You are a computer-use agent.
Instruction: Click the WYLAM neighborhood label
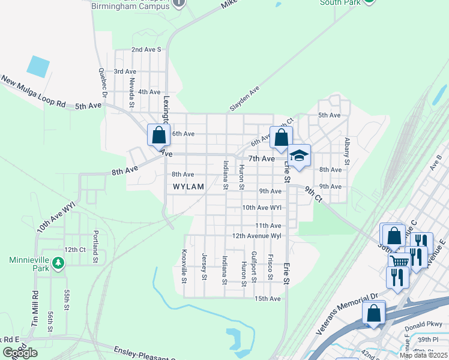pos(188,187)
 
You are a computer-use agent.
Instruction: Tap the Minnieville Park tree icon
pos(58,263)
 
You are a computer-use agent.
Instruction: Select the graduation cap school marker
pos(298,156)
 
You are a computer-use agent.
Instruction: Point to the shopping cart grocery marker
pos(399,260)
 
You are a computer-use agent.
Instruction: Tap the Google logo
pos(19,353)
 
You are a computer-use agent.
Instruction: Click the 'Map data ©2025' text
pos(423,355)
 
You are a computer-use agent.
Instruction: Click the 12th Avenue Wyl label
pos(256,236)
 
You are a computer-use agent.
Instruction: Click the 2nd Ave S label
pos(146,50)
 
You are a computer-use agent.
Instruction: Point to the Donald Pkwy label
pos(423,330)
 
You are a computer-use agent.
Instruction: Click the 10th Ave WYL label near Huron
pos(262,208)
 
